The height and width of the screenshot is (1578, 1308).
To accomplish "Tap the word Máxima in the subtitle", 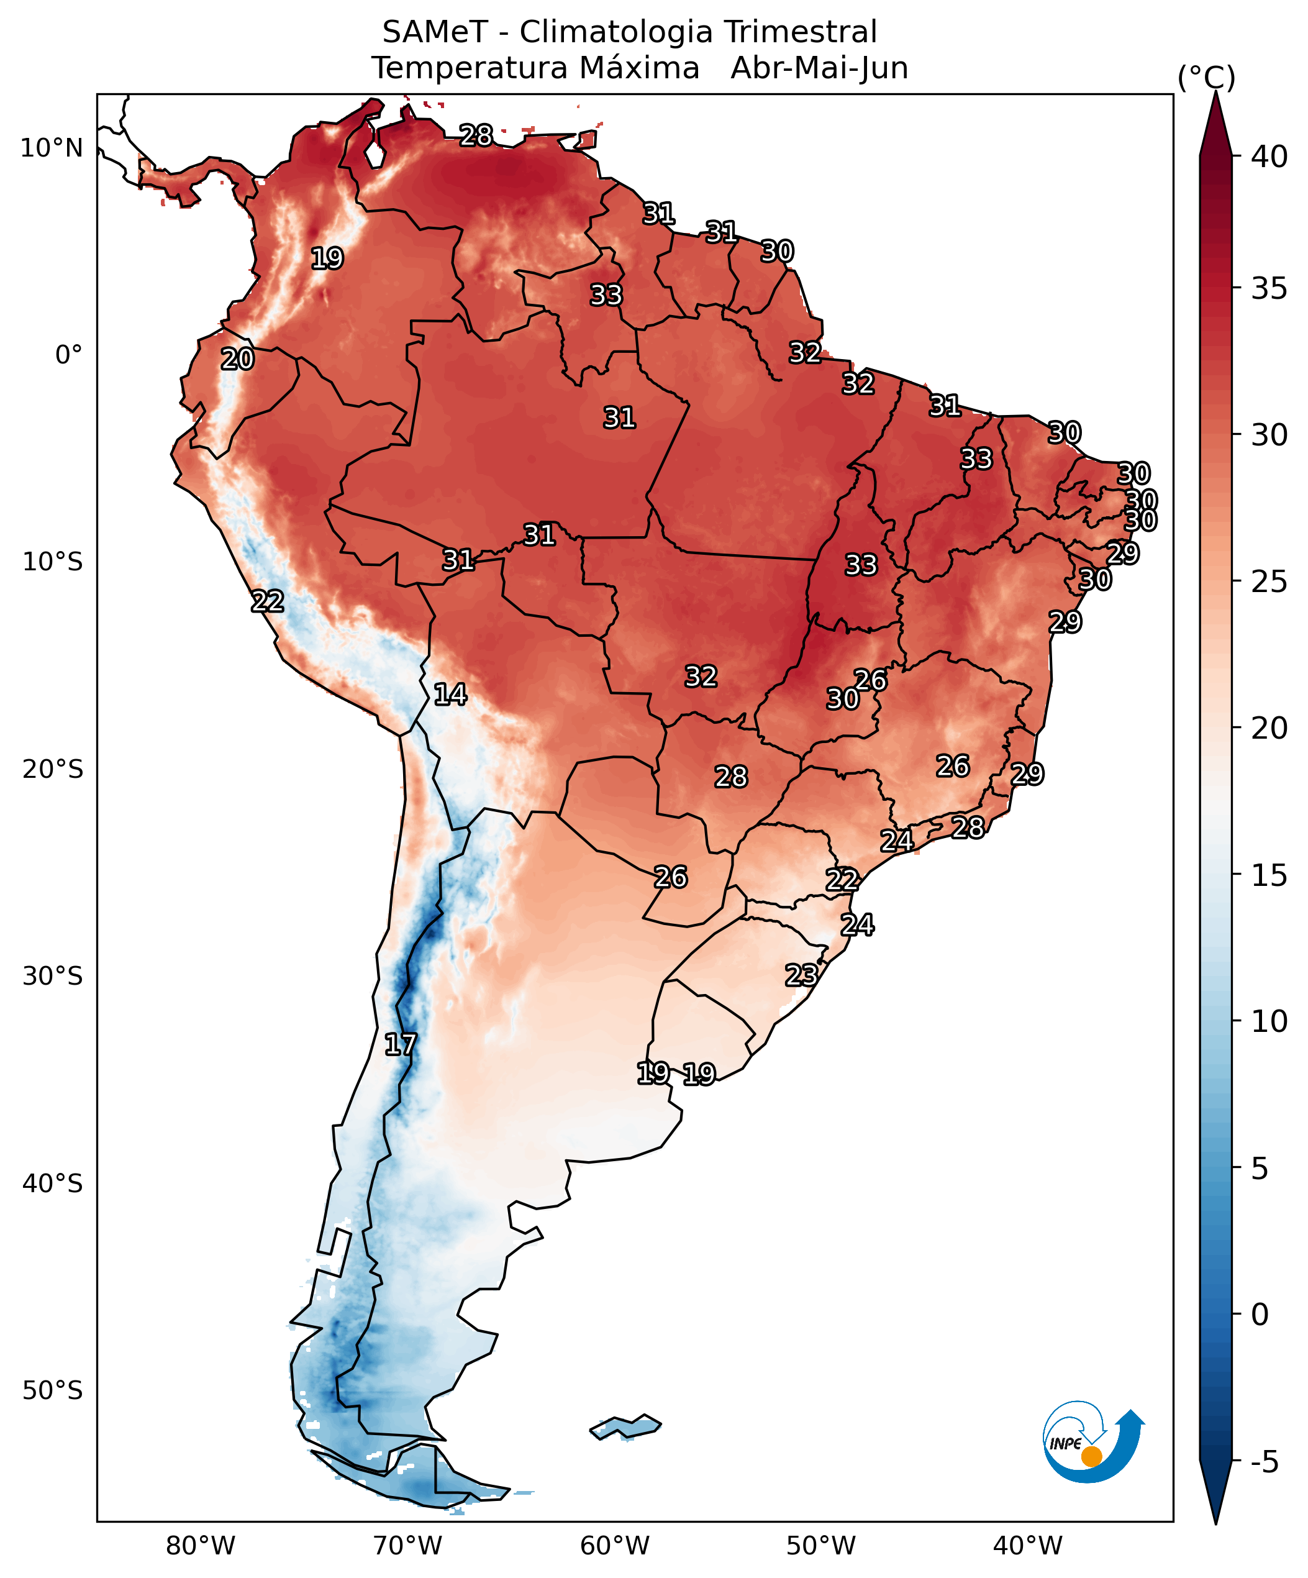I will [x=640, y=68].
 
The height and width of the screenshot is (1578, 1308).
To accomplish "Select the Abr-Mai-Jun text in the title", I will [x=819, y=68].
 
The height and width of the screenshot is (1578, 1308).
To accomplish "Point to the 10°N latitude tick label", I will [x=51, y=148].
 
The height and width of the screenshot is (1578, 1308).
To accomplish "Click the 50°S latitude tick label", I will [x=52, y=1390].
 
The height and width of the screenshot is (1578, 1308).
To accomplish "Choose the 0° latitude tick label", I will [x=68, y=355].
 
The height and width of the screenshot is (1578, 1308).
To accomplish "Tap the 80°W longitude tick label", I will [x=201, y=1546].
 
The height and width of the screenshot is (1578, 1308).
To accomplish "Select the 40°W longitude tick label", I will [x=1028, y=1546].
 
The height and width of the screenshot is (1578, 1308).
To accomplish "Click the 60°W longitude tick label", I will [x=614, y=1546].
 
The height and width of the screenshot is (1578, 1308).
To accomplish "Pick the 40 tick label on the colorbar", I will [x=1269, y=157].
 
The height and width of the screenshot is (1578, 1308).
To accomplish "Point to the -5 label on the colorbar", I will [x=1265, y=1462].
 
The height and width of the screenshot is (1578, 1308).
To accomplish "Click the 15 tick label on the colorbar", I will [x=1269, y=875].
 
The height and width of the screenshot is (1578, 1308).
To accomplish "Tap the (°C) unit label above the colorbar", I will [x=1206, y=78].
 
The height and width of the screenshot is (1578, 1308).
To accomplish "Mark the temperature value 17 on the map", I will [x=400, y=1044].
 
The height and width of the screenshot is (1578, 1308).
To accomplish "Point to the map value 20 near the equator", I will [x=237, y=359].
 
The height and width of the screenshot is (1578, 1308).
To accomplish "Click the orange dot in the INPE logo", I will [x=1091, y=1456].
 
